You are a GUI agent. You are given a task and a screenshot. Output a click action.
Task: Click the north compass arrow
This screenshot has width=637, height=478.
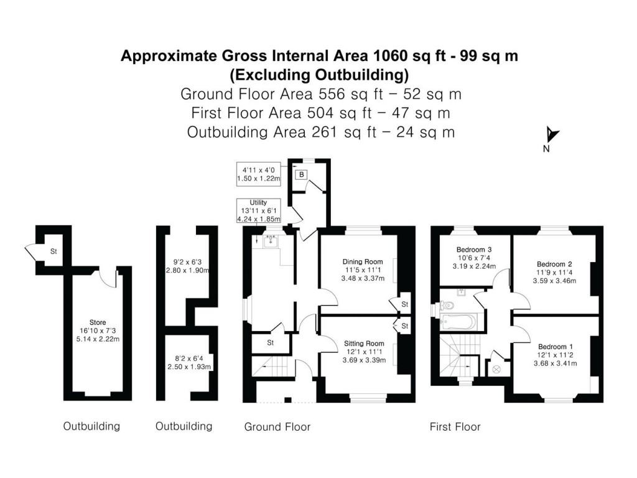click(552, 135)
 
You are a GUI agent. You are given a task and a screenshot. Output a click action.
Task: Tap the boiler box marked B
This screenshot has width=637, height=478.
click(302, 174)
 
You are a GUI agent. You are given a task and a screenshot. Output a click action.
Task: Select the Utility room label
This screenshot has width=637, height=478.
click(258, 203)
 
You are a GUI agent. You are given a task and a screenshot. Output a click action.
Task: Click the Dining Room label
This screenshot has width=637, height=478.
click(363, 261)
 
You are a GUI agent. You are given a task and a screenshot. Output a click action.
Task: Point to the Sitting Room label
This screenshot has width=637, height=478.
click(364, 343)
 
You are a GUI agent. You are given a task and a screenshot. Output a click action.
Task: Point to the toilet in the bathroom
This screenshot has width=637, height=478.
click(447, 306)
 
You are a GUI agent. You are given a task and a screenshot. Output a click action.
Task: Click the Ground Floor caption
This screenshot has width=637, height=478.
click(277, 426)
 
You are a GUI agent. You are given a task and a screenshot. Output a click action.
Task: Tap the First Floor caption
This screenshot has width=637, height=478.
click(455, 426)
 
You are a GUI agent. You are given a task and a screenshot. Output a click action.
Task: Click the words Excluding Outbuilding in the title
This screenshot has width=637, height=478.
click(318, 75)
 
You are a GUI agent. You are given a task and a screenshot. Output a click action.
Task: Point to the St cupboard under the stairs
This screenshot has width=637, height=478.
click(271, 342)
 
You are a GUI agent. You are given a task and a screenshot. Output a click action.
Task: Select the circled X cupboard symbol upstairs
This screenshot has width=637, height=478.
click(496, 369)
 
